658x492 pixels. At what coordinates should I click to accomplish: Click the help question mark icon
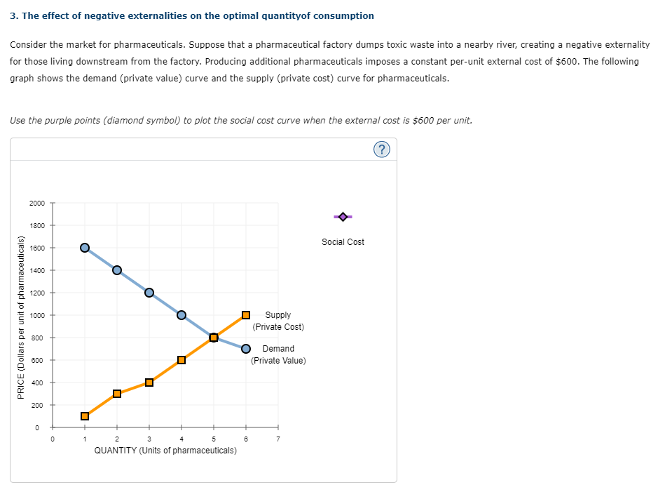(x=383, y=149)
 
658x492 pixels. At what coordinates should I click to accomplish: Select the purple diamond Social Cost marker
(x=342, y=217)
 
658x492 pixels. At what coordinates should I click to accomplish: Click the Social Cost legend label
(x=343, y=242)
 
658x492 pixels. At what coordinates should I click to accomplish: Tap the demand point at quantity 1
(x=85, y=248)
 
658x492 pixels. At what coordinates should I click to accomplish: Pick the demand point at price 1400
(x=117, y=270)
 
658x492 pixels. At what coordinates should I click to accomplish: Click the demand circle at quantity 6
(x=246, y=349)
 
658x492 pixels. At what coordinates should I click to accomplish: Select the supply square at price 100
(x=85, y=416)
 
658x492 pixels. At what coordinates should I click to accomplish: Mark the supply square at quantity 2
(x=117, y=394)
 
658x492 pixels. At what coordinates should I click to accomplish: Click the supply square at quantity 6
(x=246, y=315)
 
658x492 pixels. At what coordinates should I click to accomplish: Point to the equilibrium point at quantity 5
(x=214, y=338)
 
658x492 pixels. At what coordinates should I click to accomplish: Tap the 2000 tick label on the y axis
(x=37, y=203)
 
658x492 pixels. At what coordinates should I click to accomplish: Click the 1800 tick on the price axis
(x=37, y=225)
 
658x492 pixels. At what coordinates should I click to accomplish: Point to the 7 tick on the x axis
(x=278, y=439)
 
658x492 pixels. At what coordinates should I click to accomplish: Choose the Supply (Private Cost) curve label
(x=278, y=321)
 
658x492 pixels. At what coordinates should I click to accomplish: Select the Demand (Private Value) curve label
(x=278, y=354)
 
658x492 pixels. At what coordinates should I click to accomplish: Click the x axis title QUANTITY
(x=165, y=450)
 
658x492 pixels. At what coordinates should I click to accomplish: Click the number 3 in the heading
(x=13, y=15)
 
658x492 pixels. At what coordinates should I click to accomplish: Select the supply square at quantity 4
(x=181, y=360)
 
